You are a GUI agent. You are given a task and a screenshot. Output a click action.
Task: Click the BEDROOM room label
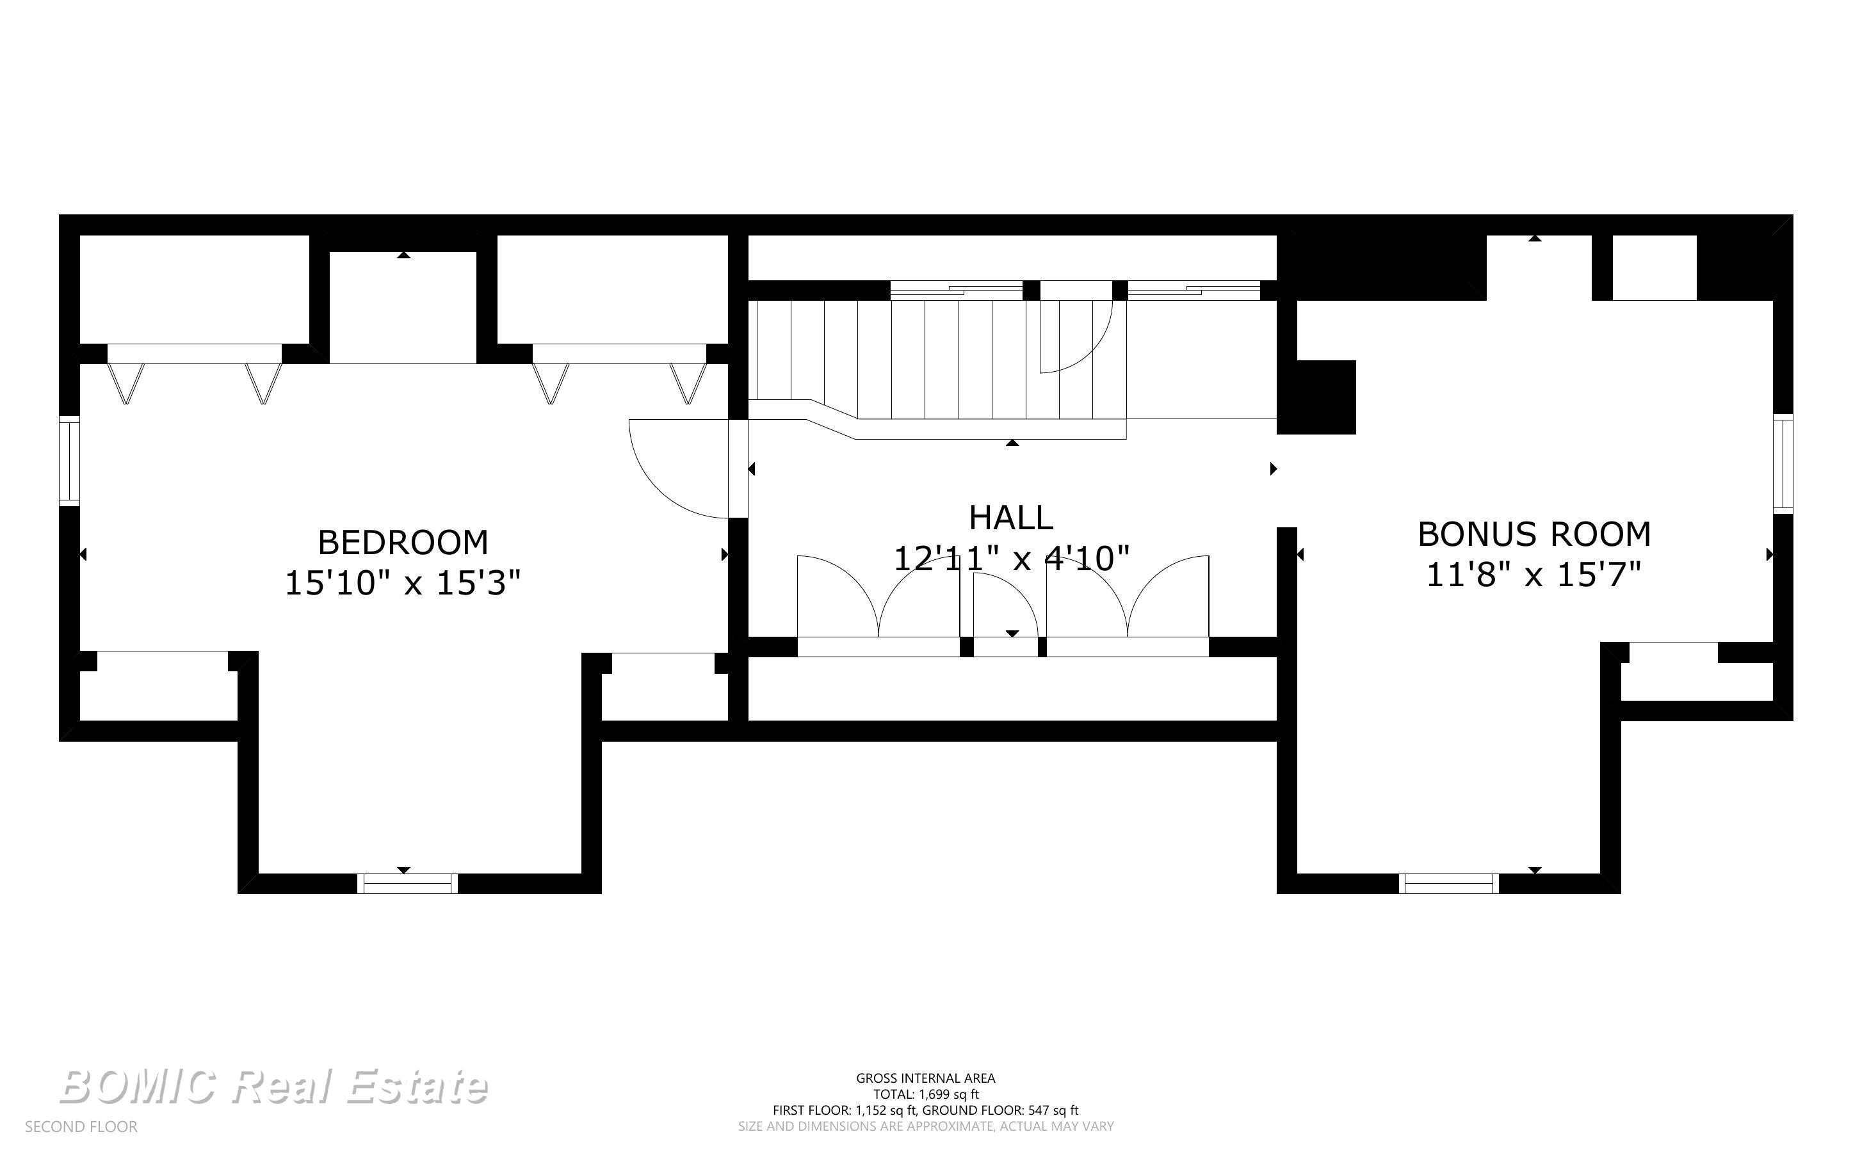point(403,543)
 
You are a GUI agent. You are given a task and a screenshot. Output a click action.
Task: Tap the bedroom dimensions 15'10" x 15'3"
point(403,583)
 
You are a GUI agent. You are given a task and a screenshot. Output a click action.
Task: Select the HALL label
point(1011,518)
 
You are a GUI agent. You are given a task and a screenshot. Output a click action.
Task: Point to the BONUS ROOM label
point(1534,534)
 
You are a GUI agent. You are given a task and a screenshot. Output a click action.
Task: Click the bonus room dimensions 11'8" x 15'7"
point(1534,575)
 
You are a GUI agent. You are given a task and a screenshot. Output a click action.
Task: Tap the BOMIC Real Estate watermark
point(273,1087)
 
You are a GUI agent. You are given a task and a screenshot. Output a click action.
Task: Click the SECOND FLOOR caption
point(81,1127)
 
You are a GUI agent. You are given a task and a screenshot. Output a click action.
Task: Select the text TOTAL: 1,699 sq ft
point(926,1094)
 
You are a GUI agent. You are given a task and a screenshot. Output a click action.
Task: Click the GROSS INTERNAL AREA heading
point(926,1078)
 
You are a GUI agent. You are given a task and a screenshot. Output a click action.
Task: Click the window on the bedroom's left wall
point(70,461)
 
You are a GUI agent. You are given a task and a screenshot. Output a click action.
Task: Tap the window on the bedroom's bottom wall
point(407,884)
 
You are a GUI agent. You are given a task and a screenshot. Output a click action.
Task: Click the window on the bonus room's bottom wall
point(1449,884)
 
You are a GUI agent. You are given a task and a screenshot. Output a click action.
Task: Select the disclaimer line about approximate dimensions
point(926,1126)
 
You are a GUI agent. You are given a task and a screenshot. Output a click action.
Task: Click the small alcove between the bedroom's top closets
point(403,307)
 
